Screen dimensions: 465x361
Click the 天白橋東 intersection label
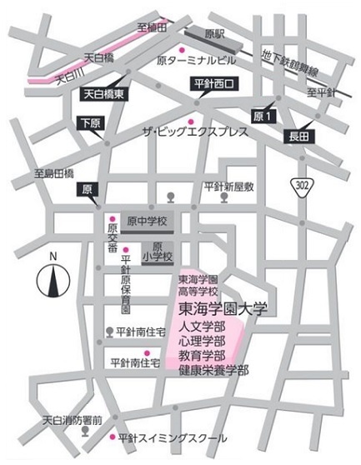tap(107, 96)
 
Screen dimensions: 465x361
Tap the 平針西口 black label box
tap(215, 83)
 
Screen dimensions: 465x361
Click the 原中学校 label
tap(148, 222)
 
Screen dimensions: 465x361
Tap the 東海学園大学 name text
tap(222, 308)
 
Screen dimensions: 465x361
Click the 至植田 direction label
tap(153, 27)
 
